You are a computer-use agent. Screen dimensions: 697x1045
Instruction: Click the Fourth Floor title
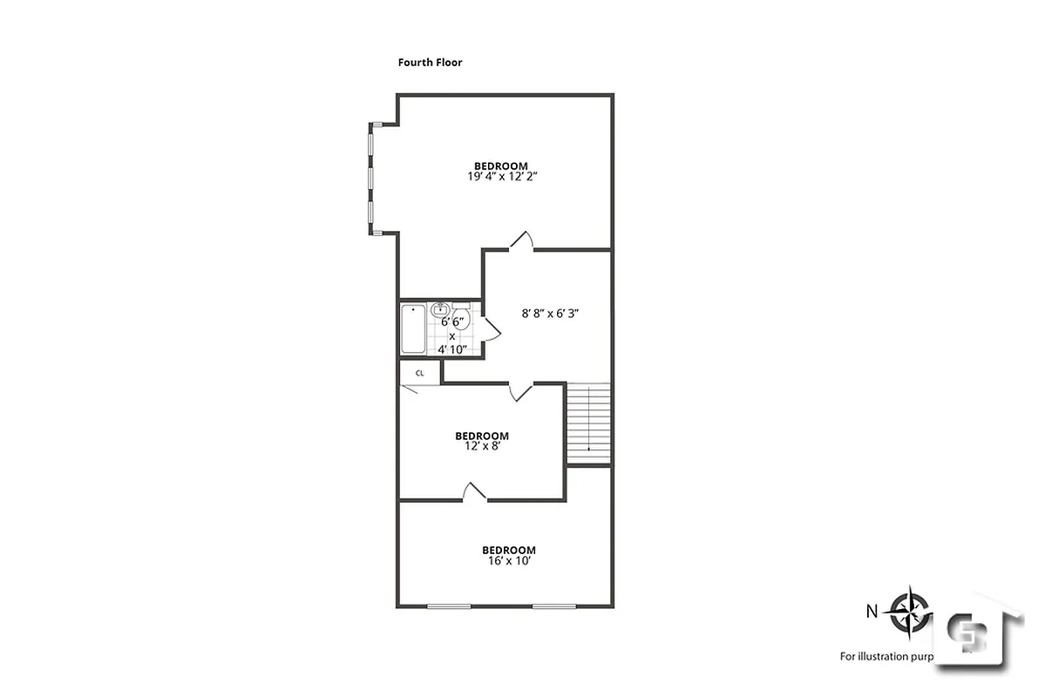[x=430, y=63]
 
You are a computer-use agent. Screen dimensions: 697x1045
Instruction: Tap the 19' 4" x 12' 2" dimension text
[x=500, y=176]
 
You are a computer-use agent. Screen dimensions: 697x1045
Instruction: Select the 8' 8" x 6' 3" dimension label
[x=545, y=313]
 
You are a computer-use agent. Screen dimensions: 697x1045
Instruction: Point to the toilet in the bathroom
[x=462, y=320]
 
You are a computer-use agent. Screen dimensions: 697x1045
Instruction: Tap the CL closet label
[x=419, y=373]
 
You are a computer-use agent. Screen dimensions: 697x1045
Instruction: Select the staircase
[x=589, y=423]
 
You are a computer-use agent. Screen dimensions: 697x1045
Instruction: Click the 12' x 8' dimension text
[x=481, y=446]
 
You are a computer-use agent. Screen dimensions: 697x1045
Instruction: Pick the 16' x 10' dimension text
[x=508, y=561]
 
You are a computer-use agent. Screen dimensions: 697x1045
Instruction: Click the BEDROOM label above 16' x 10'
[x=509, y=550]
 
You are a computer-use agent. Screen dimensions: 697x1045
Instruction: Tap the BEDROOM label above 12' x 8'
[x=481, y=436]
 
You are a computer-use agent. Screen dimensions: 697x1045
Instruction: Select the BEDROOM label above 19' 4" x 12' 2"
[x=500, y=166]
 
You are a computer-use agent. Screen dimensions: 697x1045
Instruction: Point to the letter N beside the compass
[x=872, y=611]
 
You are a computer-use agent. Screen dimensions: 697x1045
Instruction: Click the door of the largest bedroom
[x=521, y=241]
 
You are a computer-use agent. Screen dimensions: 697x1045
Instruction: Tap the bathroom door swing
[x=491, y=326]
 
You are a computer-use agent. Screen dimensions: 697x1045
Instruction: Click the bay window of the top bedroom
[x=370, y=179]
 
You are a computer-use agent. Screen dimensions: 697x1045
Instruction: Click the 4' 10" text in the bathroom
[x=452, y=349]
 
